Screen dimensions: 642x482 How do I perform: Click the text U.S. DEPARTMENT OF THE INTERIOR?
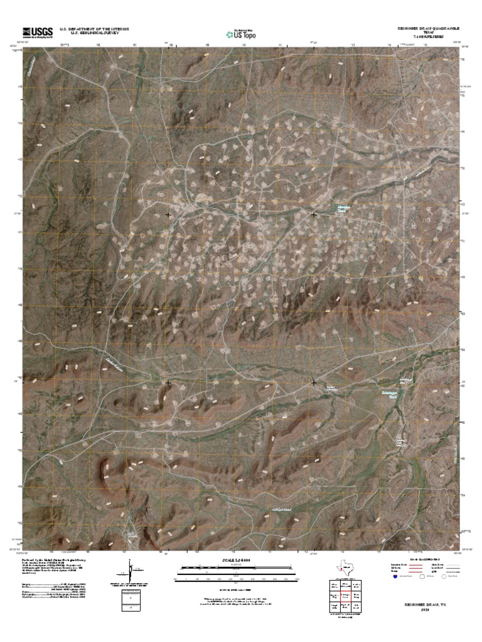94,29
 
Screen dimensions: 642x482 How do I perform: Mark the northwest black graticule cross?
168,215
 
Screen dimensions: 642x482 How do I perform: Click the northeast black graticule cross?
314,215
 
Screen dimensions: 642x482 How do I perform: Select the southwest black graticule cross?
168,382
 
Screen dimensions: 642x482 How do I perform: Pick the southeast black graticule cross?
314,382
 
